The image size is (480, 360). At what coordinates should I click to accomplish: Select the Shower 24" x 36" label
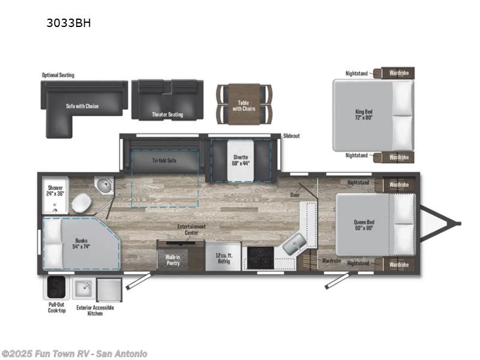click(x=55, y=191)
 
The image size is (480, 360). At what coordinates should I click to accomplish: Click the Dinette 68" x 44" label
click(x=240, y=160)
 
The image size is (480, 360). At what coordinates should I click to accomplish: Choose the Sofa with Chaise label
click(x=82, y=106)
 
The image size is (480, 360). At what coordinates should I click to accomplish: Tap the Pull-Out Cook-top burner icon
click(x=56, y=287)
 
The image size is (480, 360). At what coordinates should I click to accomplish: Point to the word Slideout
click(x=292, y=136)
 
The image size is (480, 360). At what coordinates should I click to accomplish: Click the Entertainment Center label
click(x=191, y=229)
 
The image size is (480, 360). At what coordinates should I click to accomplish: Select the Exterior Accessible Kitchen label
click(x=95, y=311)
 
